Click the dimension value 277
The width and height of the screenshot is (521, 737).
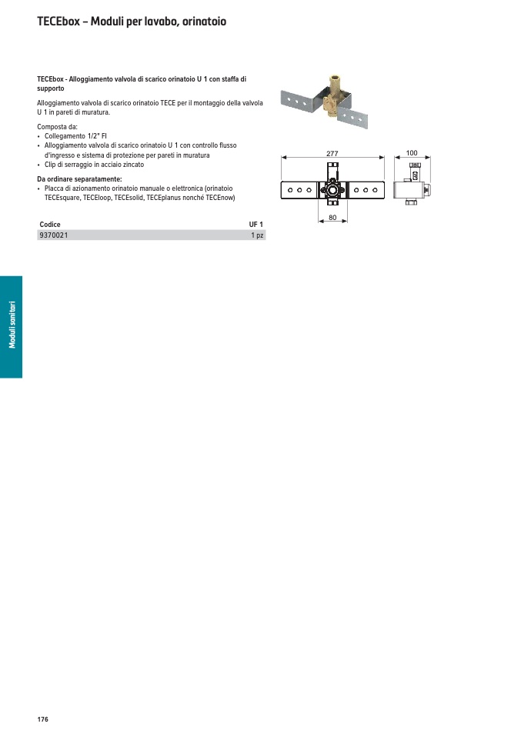click(x=332, y=154)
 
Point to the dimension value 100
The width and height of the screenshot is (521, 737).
click(x=412, y=154)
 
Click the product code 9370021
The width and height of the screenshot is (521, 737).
click(x=53, y=235)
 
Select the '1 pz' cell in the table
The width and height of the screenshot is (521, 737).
click(x=257, y=235)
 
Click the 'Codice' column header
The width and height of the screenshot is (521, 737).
click(x=50, y=225)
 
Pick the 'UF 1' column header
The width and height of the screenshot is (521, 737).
click(x=255, y=225)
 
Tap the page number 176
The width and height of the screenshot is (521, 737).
click(x=42, y=719)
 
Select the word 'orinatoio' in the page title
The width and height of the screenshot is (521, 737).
click(x=202, y=22)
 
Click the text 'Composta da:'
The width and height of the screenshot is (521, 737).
click(x=57, y=127)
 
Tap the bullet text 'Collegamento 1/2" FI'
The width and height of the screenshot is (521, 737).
click(x=75, y=136)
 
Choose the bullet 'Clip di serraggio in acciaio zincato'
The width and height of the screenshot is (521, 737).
click(x=94, y=165)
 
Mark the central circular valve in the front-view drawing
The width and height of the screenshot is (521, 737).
click(x=332, y=189)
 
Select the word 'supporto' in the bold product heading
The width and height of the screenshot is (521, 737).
click(x=51, y=88)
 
